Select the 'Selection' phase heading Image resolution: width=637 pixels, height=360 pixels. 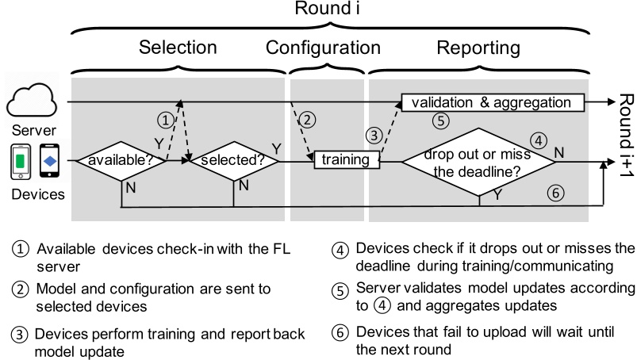click(178, 48)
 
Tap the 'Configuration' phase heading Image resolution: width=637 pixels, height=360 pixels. click(323, 48)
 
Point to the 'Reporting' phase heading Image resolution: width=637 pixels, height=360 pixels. click(478, 48)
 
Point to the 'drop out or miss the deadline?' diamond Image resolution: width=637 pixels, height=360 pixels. click(478, 161)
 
